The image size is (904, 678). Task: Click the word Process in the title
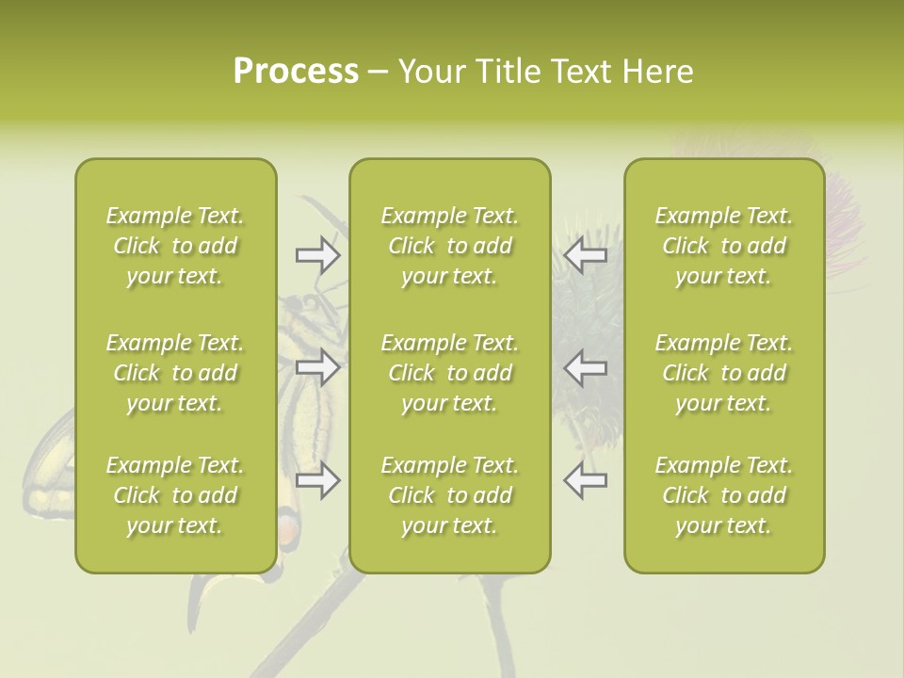coord(296,72)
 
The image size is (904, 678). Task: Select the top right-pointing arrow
coord(318,254)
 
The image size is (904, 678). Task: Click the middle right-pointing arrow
coord(318,366)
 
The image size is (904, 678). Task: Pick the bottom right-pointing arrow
coord(318,481)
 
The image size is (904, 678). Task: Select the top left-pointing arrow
coord(586,254)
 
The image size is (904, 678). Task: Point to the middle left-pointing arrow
coord(586,366)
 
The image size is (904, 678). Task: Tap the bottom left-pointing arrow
coord(586,481)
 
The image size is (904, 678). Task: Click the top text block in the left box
coord(175,246)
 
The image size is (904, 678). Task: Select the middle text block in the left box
coord(175,373)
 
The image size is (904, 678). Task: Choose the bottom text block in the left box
coord(175,495)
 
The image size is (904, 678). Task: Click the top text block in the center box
coord(450,246)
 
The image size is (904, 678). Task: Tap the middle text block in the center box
coord(450,373)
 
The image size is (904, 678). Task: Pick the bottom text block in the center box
coord(450,495)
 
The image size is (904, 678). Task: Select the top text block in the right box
coord(724,246)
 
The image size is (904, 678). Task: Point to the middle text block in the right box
coord(724,373)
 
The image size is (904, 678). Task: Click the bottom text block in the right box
coord(724,495)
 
